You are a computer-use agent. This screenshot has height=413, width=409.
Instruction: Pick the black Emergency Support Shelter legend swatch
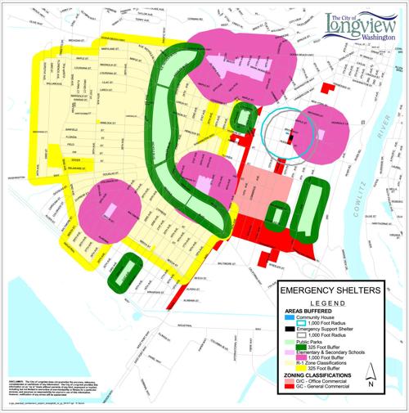pos(292,329)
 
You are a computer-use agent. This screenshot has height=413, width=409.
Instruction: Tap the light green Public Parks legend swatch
pos(292,342)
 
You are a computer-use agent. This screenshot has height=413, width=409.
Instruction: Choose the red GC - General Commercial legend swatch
pos(292,384)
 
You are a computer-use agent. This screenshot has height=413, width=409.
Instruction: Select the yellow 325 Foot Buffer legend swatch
pos(292,366)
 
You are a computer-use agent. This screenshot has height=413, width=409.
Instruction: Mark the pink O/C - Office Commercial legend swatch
pos(292,378)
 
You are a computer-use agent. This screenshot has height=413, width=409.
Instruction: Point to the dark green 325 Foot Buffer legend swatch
pos(292,348)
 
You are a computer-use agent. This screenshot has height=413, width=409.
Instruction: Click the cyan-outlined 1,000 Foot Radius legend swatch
pos(292,323)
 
